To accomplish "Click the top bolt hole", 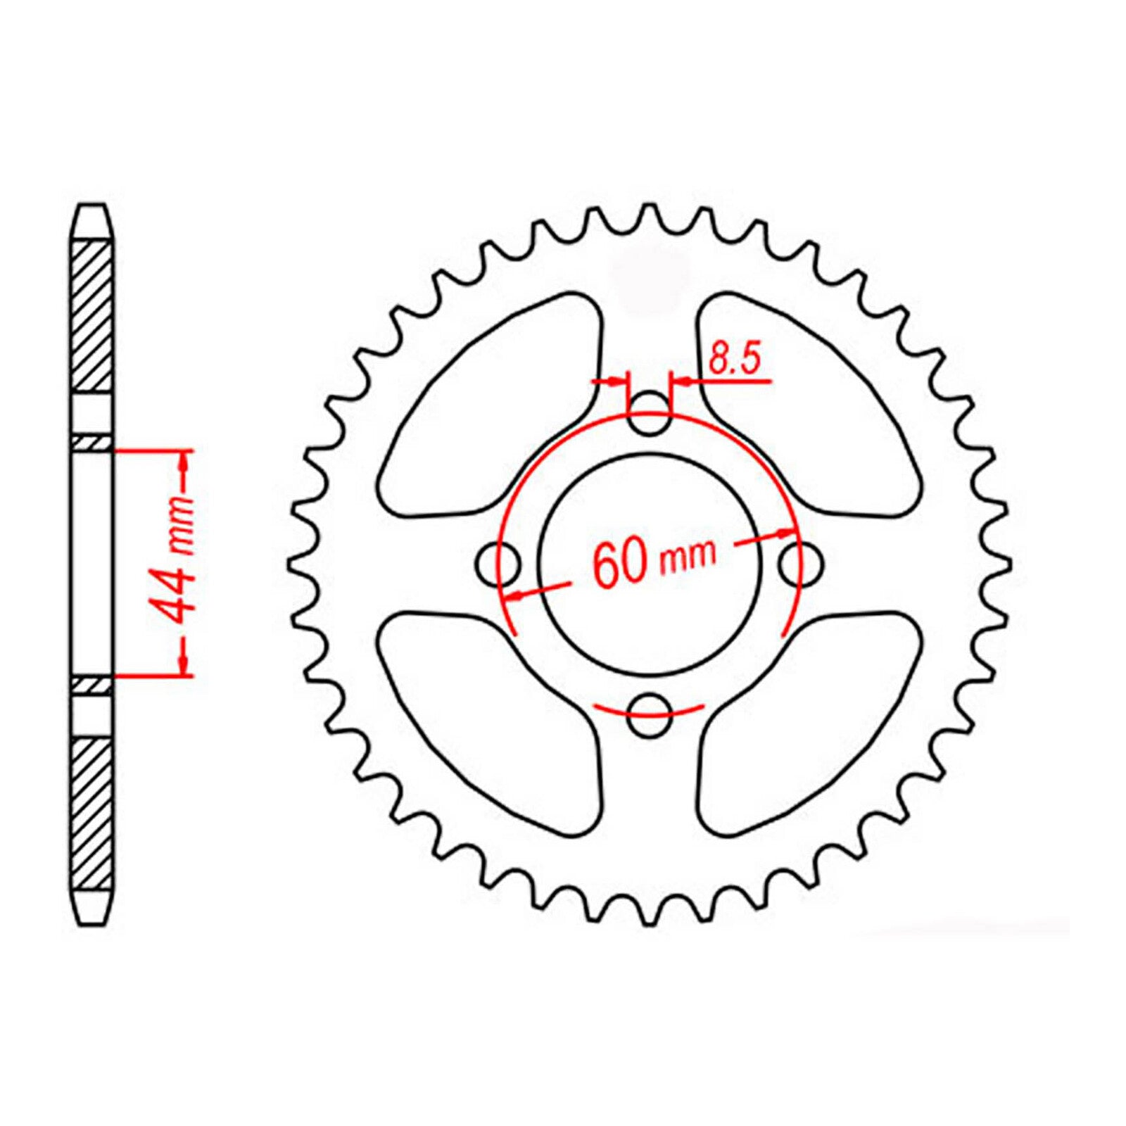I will [649, 415].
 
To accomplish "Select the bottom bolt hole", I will [649, 715].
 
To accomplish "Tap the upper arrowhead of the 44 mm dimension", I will [184, 461].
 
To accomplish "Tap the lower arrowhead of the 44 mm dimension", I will [184, 665].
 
